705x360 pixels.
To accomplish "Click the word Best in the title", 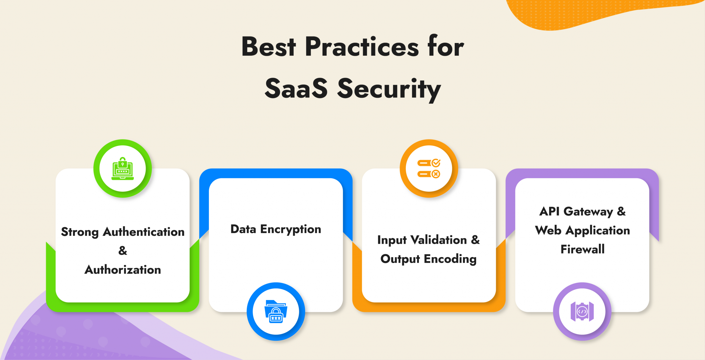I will coord(269,47).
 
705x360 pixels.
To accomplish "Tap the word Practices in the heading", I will coord(362,47).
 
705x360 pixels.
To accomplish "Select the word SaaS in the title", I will coord(296,89).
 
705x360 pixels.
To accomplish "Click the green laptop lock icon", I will coord(123,169).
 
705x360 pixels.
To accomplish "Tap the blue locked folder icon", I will coord(276,311).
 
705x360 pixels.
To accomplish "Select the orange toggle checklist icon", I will coord(429,169).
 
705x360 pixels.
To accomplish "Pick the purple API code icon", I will coord(582,311).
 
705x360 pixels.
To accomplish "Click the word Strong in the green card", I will coord(80,232).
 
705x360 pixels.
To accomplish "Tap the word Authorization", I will coord(123,270).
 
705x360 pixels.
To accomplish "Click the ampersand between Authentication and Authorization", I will coord(123,251).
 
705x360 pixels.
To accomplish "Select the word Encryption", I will coord(291,230).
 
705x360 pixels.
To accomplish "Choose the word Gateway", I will coord(588,212).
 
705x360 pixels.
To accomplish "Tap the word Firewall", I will coord(582,249).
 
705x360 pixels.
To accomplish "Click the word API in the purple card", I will coord(549,211).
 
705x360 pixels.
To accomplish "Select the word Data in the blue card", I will coord(243,229).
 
